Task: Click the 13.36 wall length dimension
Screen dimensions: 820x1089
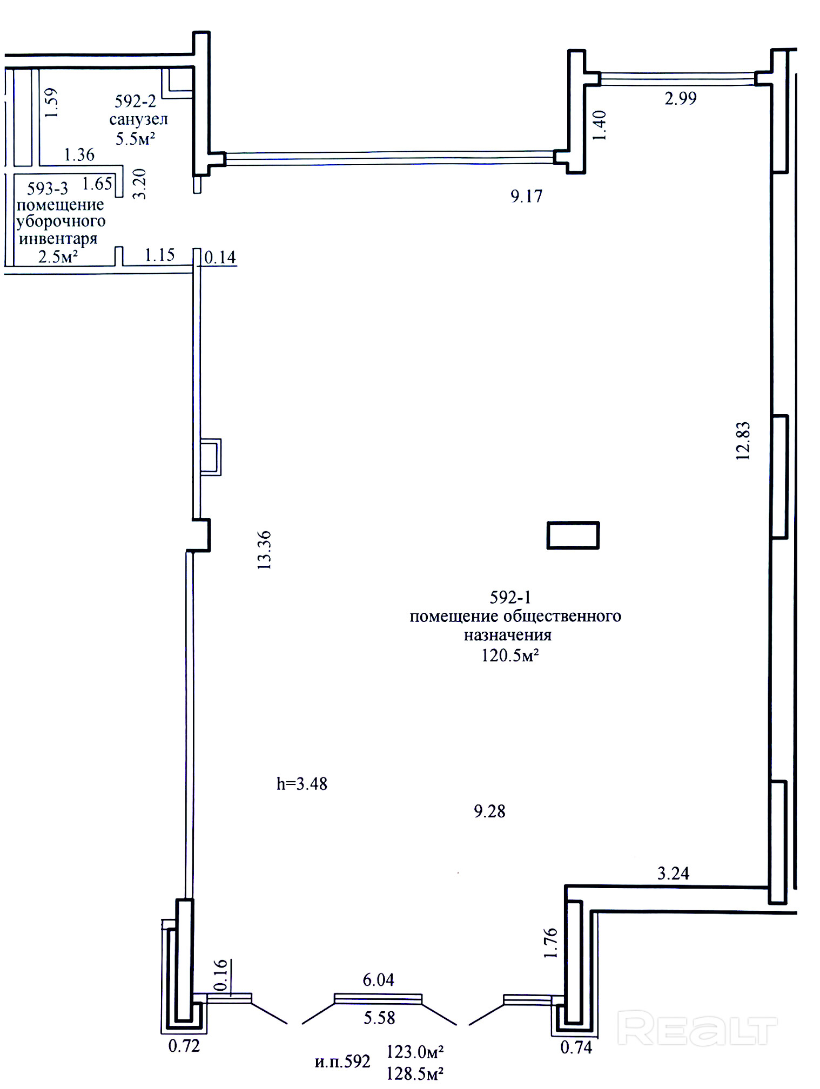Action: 264,550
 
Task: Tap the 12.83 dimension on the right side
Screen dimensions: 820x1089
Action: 743,441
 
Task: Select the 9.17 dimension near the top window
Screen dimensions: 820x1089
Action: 526,196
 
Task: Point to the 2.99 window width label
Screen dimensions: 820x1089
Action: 681,98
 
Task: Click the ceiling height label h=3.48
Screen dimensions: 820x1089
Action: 302,783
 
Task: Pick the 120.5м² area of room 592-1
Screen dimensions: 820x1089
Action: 510,655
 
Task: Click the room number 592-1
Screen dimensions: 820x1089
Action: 510,597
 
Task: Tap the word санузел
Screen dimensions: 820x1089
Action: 138,119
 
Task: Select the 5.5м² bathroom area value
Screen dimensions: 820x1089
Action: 135,139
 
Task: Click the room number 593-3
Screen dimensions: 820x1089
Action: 48,188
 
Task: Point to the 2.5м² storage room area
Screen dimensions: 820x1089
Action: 58,256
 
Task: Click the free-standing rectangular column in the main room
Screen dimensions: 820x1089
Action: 573,535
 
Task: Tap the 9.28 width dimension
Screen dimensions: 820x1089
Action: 489,811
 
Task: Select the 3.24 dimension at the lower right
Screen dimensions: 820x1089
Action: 673,873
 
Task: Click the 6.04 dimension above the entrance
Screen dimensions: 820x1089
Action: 378,979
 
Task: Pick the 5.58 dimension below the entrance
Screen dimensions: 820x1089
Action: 379,1018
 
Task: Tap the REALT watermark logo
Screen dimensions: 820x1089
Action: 697,1029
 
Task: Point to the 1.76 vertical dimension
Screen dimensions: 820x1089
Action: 550,943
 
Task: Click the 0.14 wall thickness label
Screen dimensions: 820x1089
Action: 220,257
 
